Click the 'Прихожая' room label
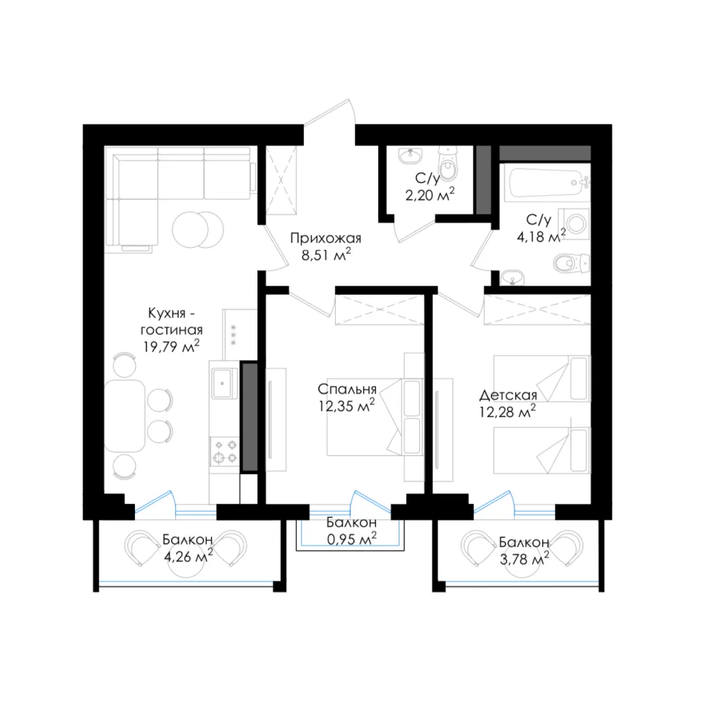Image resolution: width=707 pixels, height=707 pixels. tap(325, 238)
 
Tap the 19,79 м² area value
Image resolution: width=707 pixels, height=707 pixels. tap(171, 346)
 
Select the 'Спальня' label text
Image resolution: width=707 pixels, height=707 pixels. tap(346, 389)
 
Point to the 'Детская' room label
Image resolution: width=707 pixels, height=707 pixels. tap(508, 395)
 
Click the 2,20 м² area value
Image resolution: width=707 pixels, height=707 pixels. tap(430, 194)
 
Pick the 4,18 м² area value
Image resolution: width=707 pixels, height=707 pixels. tap(541, 236)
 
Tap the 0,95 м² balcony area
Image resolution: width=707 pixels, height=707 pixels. tap(351, 538)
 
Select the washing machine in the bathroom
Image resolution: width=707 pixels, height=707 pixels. tap(574, 223)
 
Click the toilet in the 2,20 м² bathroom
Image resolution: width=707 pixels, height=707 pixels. tap(447, 164)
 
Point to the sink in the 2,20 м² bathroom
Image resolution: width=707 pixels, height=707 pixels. tap(410, 156)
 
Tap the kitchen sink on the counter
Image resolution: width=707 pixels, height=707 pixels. tap(225, 383)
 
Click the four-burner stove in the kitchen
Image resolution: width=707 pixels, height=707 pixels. tap(225, 451)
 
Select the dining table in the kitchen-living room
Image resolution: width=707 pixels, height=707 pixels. tap(124, 416)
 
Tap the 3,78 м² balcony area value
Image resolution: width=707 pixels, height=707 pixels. tap(524, 559)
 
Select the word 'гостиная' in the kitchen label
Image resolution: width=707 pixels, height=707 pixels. tap(171, 330)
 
